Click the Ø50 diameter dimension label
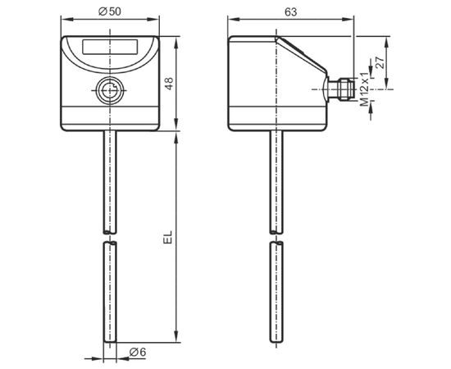pos(110,11)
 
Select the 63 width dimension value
pos(291,11)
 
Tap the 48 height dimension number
pos(170,84)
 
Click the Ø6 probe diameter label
pos(138,352)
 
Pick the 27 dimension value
pos(380,62)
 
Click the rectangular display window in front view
pos(110,47)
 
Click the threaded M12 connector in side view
pos(341,89)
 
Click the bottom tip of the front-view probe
pos(110,342)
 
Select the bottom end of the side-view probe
pos(276,342)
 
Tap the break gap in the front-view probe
pos(110,237)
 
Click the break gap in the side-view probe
pos(276,237)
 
